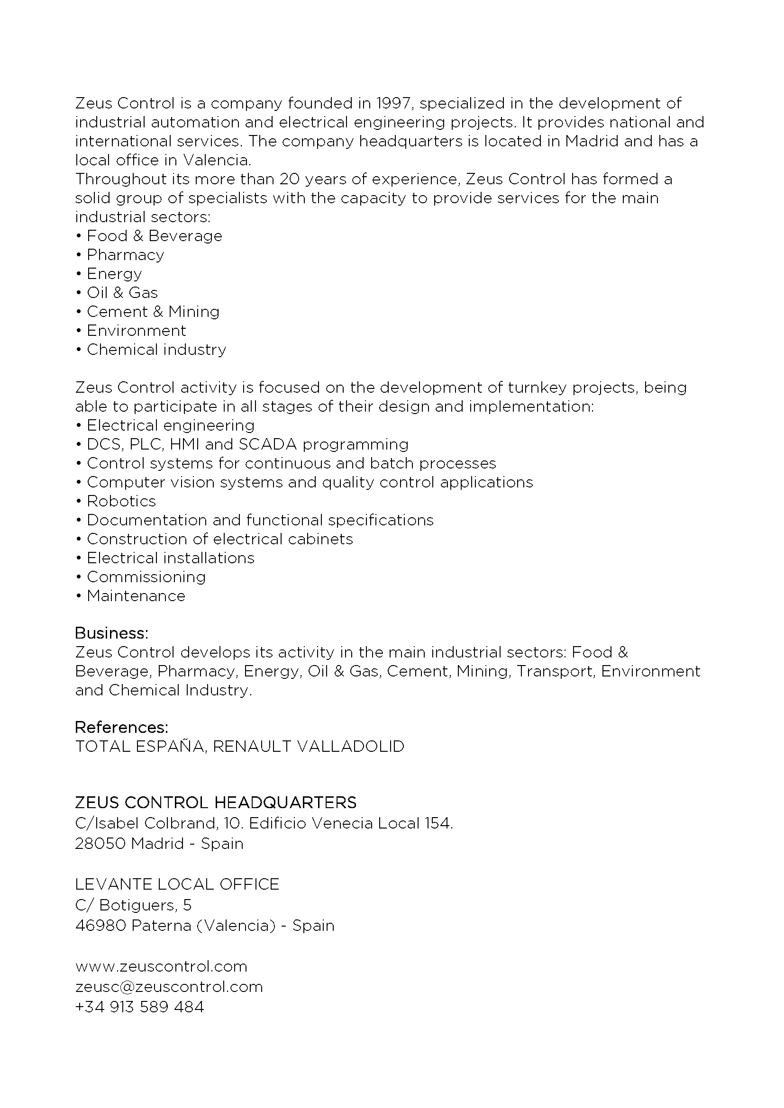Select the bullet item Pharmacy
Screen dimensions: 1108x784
[125, 255]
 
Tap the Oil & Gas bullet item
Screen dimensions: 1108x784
[122, 292]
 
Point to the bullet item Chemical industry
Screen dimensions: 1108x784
[156, 350]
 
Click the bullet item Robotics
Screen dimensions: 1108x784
[121, 501]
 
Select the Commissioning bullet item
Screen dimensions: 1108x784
[146, 577]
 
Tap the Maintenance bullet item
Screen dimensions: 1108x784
[136, 596]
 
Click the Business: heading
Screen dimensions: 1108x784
[111, 633]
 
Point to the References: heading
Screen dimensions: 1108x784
[122, 727]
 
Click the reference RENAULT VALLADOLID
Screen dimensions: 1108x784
[309, 747]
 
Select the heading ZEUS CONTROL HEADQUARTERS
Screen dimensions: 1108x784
[216, 802]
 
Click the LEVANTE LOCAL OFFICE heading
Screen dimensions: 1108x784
[177, 884]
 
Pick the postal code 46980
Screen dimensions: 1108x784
[100, 926]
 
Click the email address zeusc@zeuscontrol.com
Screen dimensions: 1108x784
[169, 987]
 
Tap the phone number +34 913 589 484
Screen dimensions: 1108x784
[139, 1007]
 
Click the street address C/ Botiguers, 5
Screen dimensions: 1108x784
[133, 905]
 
